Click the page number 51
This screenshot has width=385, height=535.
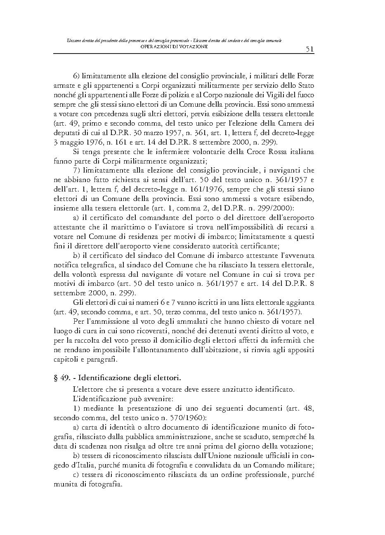(310, 49)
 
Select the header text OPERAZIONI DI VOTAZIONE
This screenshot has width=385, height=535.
(174, 47)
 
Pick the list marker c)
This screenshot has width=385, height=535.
(76, 475)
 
